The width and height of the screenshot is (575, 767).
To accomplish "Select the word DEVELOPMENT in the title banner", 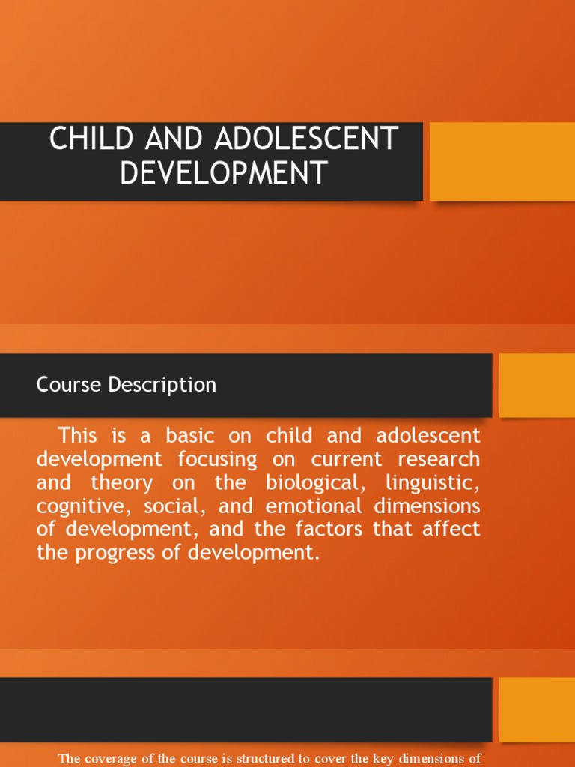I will pyautogui.click(x=224, y=173).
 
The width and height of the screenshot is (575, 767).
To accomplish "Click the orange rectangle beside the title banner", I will pyautogui.click(x=502, y=161).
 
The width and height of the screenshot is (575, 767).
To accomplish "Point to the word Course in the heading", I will pyautogui.click(x=68, y=385).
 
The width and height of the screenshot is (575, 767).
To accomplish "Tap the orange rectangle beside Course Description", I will pyautogui.click(x=536, y=385).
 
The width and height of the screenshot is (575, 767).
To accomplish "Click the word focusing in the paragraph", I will pyautogui.click(x=218, y=458).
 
